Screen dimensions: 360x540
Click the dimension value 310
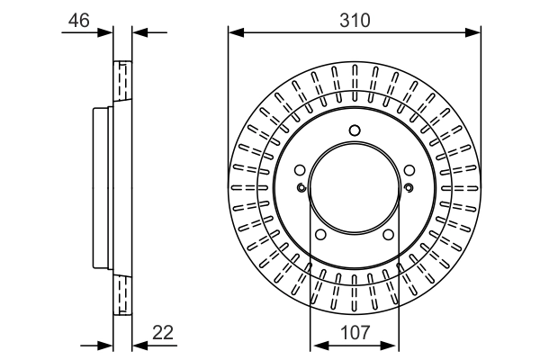[354, 19]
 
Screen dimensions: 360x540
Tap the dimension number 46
[78, 19]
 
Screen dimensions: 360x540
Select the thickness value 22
[164, 333]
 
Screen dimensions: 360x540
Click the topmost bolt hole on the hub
[355, 131]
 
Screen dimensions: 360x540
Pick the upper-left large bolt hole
[301, 168]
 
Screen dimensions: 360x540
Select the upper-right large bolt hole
[408, 168]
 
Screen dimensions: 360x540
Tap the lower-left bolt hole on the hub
[321, 235]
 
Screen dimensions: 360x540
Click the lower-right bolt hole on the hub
[388, 235]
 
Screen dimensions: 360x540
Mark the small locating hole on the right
[409, 187]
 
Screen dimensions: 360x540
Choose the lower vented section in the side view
[122, 292]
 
